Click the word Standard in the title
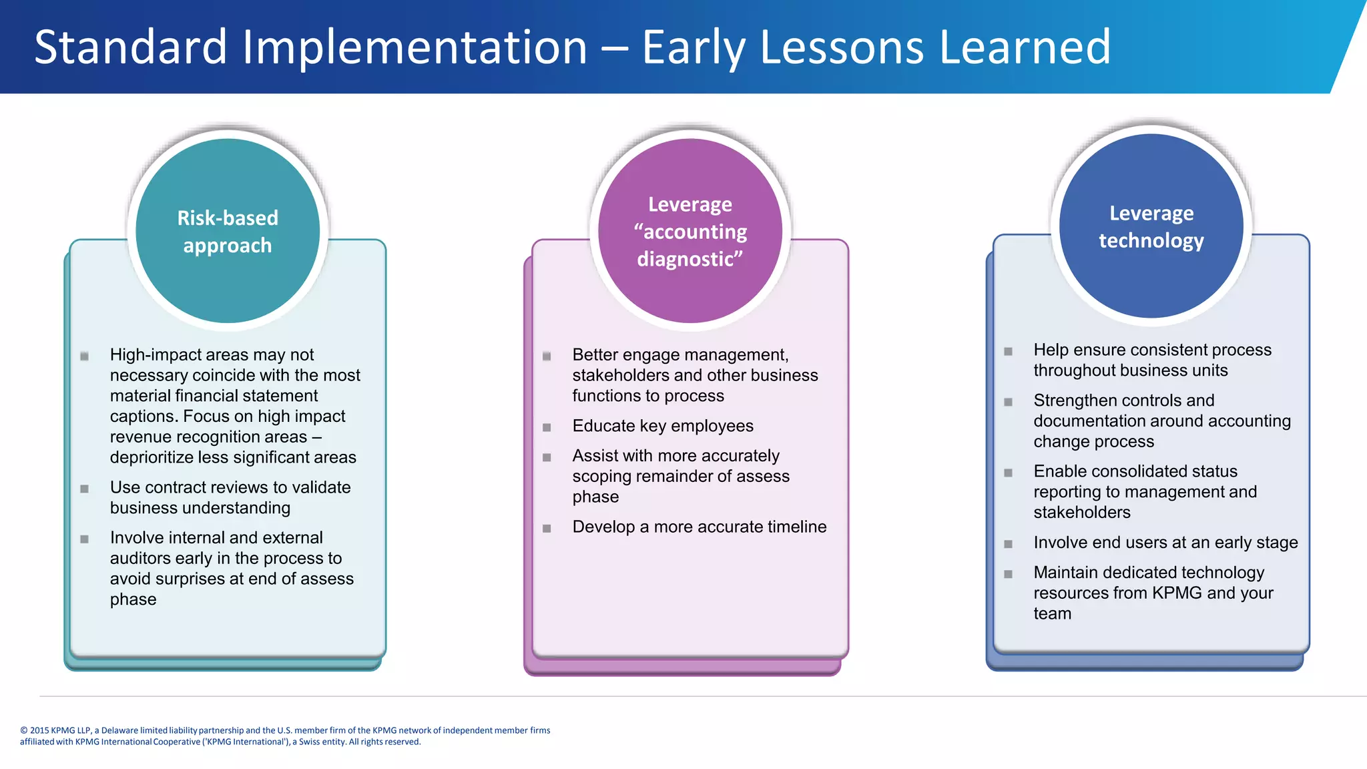(131, 47)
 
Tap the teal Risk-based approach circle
(228, 230)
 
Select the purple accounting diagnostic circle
(690, 230)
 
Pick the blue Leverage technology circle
(1151, 226)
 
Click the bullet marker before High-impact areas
(85, 356)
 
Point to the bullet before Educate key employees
(547, 427)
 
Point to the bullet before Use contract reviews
(85, 489)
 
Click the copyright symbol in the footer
(24, 730)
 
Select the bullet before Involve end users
(1008, 544)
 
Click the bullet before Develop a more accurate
(547, 528)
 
